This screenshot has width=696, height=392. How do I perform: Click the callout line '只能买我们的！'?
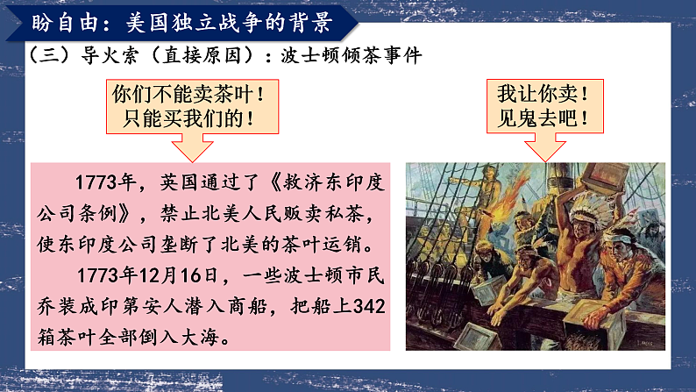(x=187, y=118)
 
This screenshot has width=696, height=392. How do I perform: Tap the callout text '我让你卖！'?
(x=543, y=92)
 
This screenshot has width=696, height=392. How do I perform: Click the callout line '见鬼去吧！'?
(x=543, y=118)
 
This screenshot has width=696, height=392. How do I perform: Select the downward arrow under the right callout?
(x=543, y=147)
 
